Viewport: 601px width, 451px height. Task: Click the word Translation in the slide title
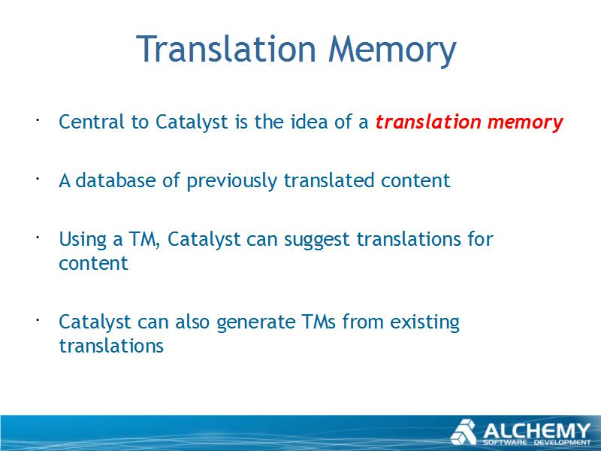click(226, 49)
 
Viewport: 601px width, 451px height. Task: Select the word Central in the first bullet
click(91, 122)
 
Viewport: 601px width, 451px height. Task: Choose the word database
click(115, 180)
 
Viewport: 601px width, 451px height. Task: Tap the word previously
click(231, 182)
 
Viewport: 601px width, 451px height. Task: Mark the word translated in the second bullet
click(329, 180)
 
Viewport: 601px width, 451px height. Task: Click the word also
click(192, 322)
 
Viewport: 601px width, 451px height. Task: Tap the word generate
click(255, 323)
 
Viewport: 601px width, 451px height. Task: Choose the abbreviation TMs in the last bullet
click(319, 322)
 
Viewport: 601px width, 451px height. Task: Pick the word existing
click(424, 323)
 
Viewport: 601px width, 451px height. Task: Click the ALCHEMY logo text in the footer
click(536, 431)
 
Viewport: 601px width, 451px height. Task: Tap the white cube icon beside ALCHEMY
click(464, 432)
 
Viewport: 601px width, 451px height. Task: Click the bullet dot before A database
click(38, 179)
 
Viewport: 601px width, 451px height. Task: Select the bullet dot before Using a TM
click(38, 238)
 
